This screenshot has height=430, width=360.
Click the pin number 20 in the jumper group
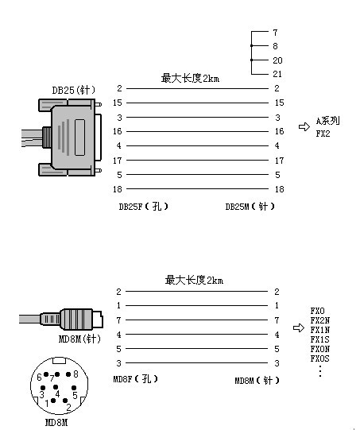pyautogui.click(x=277, y=60)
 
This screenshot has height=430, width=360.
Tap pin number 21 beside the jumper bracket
pyautogui.click(x=277, y=74)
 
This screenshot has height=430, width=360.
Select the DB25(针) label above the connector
pyautogui.click(x=74, y=90)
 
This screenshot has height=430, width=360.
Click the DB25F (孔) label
pyautogui.click(x=143, y=207)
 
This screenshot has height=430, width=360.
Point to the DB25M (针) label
pyautogui.click(x=250, y=207)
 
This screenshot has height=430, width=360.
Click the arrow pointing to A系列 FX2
pyautogui.click(x=304, y=126)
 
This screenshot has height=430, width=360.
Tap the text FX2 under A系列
pyautogui.click(x=323, y=134)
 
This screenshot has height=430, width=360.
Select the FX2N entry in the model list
pyautogui.click(x=320, y=320)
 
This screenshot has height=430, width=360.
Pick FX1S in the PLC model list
pyautogui.click(x=319, y=339)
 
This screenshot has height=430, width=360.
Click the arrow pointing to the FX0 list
pyautogui.click(x=299, y=327)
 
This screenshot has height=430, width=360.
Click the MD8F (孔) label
pyautogui.click(x=135, y=379)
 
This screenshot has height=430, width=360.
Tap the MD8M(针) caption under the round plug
pyautogui.click(x=79, y=339)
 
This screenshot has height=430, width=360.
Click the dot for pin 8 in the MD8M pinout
pyautogui.click(x=68, y=374)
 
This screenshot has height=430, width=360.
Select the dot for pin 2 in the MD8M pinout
pyautogui.click(x=65, y=401)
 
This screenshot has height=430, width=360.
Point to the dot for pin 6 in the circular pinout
pyautogui.click(x=46, y=374)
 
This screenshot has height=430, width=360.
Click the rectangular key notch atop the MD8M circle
pyautogui.click(x=59, y=360)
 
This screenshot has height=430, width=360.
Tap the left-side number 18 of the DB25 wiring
pyautogui.click(x=118, y=189)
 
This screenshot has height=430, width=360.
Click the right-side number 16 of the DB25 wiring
pyautogui.click(x=280, y=131)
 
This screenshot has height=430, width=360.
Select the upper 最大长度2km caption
pyautogui.click(x=190, y=78)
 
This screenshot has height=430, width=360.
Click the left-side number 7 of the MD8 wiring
pyautogui.click(x=118, y=320)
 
